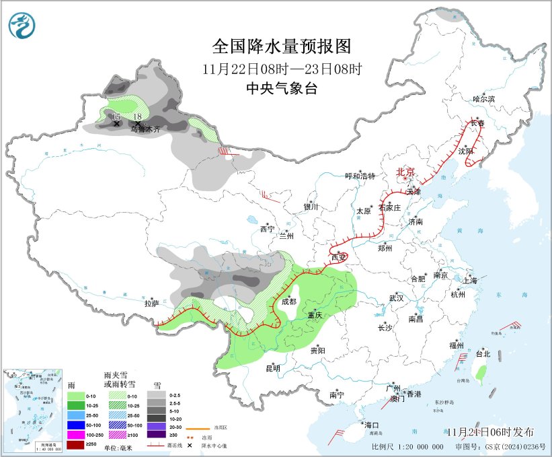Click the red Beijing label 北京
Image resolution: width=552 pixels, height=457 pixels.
point(406,172)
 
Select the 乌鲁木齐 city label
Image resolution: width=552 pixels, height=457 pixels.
point(145,129)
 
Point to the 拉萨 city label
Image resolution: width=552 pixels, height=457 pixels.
point(152,304)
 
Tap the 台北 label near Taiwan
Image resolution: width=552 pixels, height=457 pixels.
point(483,353)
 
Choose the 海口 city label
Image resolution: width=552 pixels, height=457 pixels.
point(372,425)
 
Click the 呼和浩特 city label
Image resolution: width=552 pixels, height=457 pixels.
point(359,176)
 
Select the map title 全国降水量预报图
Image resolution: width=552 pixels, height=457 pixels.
point(282,46)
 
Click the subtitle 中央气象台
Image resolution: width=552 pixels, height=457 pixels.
point(282,88)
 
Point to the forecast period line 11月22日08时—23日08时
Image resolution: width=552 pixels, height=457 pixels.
point(282,68)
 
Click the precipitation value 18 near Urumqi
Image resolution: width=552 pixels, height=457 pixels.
point(137,117)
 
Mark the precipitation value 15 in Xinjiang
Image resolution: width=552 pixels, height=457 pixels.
point(116,117)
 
